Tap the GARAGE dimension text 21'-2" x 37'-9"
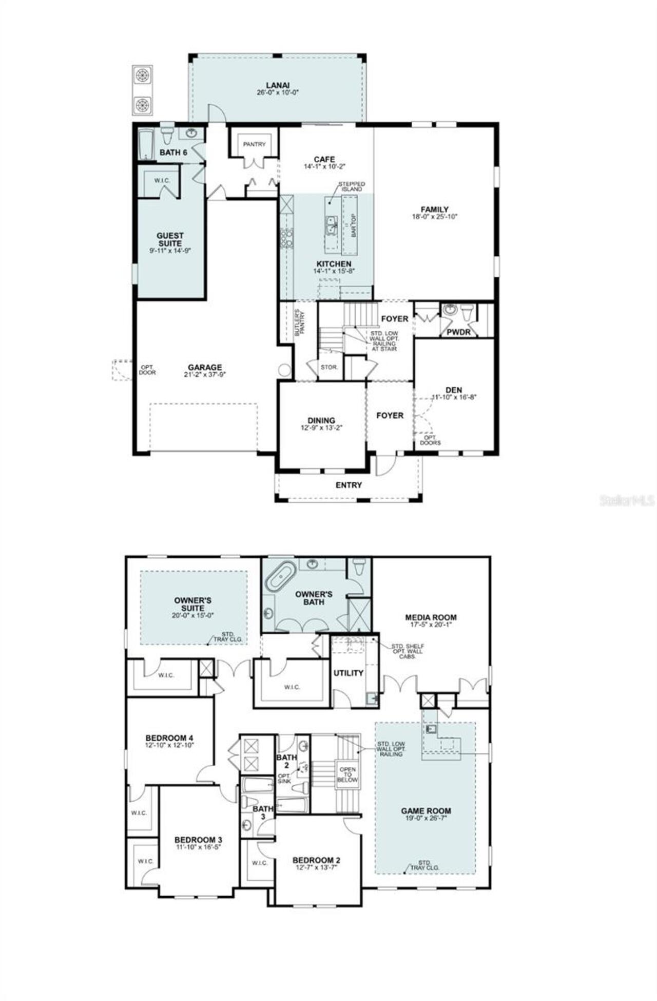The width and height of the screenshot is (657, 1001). click(205, 374)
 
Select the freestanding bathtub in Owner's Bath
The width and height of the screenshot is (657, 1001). click(281, 576)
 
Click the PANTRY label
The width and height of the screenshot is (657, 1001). click(254, 144)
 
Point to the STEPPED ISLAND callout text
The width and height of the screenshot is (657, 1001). click(352, 186)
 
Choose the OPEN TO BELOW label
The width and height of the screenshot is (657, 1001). click(347, 775)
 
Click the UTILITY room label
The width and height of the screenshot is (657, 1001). click(349, 673)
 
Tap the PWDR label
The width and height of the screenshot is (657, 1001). click(458, 332)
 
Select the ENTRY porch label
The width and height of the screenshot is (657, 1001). click(349, 485)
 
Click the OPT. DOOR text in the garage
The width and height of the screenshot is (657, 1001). click(147, 370)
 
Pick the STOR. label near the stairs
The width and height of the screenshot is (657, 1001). click(329, 367)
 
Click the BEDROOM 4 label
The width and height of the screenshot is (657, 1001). click(169, 738)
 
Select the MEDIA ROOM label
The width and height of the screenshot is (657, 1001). click(431, 617)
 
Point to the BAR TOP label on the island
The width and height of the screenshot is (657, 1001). click(354, 224)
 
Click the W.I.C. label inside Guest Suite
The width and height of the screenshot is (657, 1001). click(162, 180)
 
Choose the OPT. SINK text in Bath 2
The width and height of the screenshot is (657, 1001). click(284, 778)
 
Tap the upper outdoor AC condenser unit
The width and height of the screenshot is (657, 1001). click(143, 76)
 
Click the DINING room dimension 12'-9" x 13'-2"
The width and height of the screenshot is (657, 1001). click(321, 427)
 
